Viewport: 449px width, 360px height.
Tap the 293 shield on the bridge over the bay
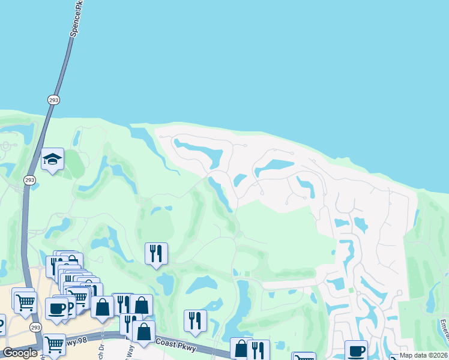52,99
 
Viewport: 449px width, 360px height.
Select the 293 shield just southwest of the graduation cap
29,179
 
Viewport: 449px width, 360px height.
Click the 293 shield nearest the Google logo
35,327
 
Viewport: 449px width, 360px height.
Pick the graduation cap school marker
53,160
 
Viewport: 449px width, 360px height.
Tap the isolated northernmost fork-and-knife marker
156,253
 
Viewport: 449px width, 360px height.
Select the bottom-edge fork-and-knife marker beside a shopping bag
258,349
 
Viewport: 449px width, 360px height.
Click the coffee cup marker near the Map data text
355,350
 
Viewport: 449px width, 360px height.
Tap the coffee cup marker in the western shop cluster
57,308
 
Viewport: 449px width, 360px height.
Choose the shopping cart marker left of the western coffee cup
25,302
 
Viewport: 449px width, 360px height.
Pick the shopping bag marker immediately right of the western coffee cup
103,307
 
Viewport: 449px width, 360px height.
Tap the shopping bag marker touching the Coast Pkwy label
144,331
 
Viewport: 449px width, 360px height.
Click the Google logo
20,353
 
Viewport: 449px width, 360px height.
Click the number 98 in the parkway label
84,342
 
